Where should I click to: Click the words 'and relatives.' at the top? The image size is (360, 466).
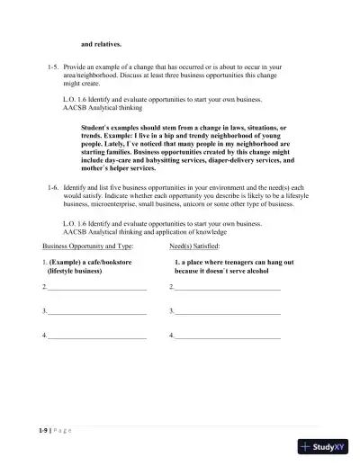pyautogui.click(x=101, y=43)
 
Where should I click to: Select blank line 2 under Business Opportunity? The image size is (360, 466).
pyautogui.click(x=96, y=288)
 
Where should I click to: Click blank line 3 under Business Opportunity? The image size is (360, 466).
pyautogui.click(x=96, y=311)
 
